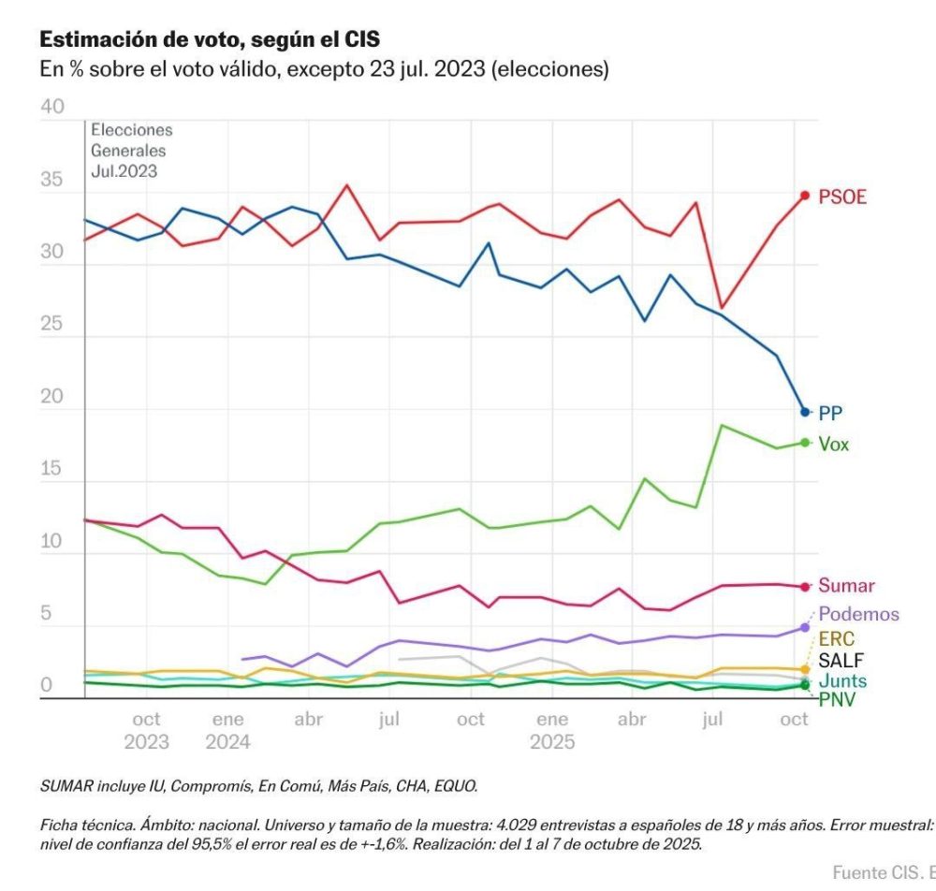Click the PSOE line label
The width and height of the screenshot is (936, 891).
842,197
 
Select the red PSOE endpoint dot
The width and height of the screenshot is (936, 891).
805,196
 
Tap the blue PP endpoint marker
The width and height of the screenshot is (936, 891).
805,412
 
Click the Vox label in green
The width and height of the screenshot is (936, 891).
834,445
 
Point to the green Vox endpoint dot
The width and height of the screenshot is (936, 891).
805,443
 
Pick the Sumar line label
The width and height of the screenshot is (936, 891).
846,587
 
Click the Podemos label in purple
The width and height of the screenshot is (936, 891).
858,615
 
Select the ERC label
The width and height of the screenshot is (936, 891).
836,639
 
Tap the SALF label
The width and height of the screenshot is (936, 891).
840,661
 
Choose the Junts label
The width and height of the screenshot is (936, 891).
841,681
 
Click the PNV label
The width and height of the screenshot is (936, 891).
837,699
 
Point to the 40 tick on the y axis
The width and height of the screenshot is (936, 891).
52,108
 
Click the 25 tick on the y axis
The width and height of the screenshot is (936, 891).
52,325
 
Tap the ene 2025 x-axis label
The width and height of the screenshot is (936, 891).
552,731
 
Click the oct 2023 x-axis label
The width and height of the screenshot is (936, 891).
146,731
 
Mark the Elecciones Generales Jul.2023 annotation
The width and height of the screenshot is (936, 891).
131,151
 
